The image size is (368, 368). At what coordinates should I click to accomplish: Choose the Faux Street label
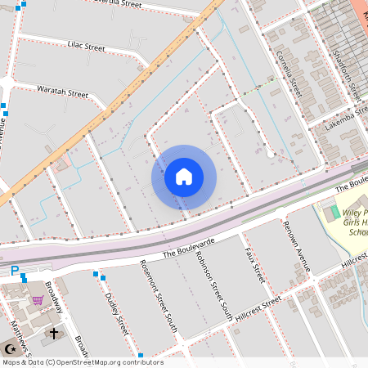tap(254, 265)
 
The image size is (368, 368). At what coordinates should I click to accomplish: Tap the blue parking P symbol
tap(14, 272)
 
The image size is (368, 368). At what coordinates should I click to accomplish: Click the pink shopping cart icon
tap(38, 299)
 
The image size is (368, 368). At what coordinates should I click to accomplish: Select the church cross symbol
tap(55, 334)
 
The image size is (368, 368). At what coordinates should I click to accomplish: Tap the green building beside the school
tap(332, 213)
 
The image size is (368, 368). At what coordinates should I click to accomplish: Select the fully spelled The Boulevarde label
tap(188, 247)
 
